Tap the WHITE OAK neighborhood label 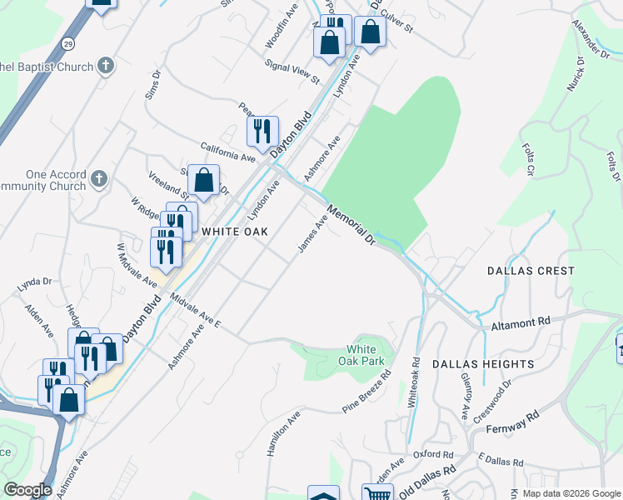234,231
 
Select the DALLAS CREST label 531,271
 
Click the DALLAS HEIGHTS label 483,364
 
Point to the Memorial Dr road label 352,225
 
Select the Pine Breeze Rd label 367,392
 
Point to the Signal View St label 292,72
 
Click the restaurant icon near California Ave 262,131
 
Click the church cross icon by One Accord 99,177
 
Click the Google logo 27,490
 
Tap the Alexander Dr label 591,38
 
